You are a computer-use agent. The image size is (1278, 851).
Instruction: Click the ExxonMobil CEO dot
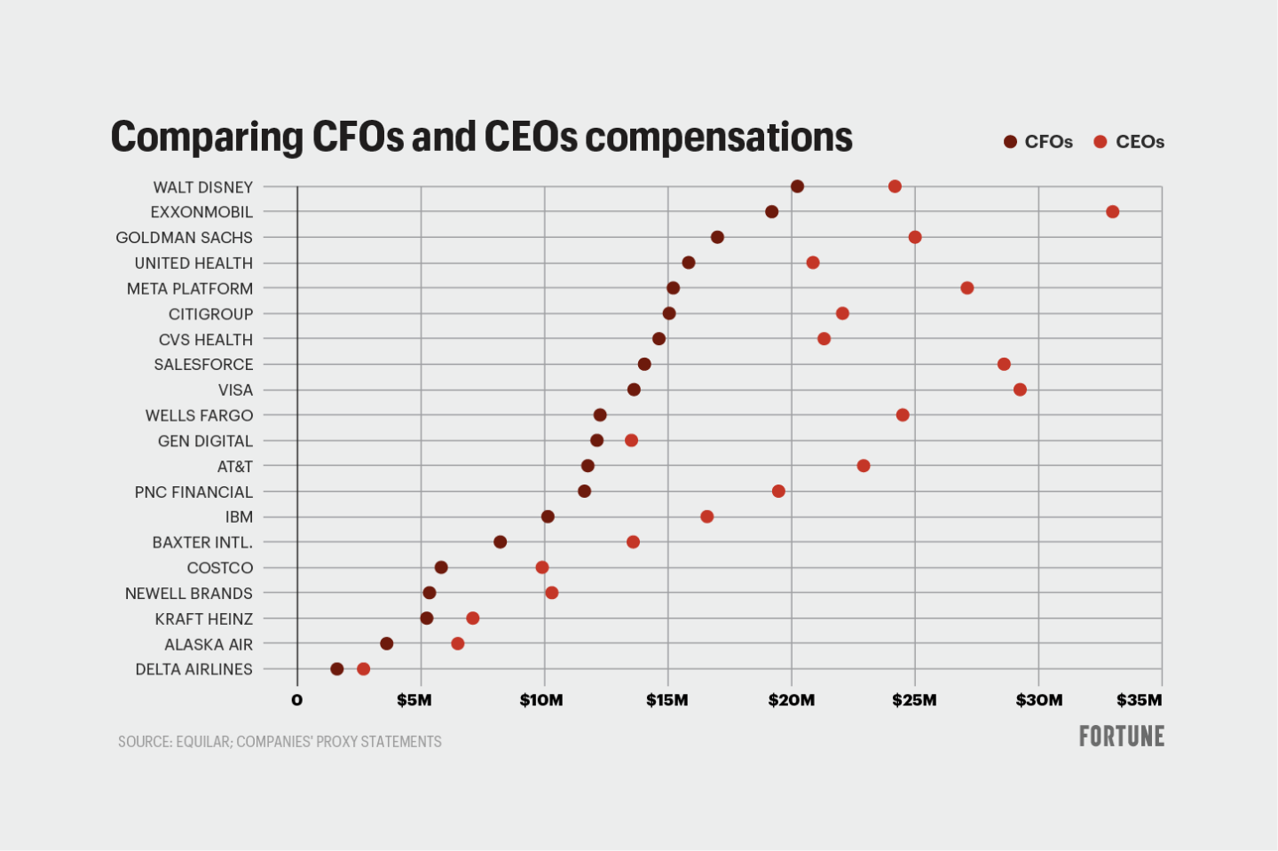1112,212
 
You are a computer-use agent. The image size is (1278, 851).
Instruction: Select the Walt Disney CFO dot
797,186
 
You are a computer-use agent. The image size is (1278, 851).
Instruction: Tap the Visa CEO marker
1020,390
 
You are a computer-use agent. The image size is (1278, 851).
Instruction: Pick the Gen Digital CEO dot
631,440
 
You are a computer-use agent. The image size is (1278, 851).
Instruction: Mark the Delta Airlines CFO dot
336,669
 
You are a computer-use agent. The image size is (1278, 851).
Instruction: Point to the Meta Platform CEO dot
967,288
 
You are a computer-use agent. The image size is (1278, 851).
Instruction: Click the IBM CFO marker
548,516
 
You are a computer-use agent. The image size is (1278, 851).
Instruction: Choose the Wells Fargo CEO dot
903,415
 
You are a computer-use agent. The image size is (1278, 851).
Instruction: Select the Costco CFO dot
441,567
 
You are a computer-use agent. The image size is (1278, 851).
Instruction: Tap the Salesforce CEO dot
1004,364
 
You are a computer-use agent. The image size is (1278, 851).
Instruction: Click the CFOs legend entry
1038,142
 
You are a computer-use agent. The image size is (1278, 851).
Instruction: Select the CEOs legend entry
1129,142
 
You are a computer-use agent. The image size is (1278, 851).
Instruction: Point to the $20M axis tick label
792,700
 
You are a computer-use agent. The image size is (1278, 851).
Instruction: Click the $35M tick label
1139,700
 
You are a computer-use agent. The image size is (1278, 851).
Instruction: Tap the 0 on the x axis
297,700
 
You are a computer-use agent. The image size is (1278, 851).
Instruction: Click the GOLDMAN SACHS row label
184,238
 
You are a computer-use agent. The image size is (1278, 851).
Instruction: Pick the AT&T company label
235,467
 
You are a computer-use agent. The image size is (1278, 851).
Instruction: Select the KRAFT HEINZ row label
204,619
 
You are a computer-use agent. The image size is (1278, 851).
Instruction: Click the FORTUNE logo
1121,737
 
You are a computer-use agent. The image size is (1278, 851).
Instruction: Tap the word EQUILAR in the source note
203,742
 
